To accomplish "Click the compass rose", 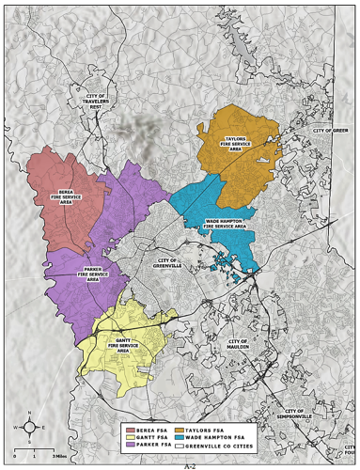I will click(x=30, y=428).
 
